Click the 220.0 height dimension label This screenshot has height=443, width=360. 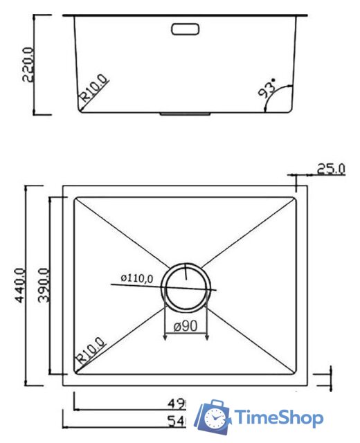[x=28, y=64]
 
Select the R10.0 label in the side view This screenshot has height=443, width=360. [x=94, y=90]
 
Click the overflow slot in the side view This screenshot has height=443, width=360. [x=185, y=30]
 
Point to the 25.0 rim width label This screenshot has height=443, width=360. [x=330, y=169]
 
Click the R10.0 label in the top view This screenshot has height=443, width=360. [x=90, y=351]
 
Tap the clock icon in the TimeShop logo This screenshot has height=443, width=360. [x=216, y=418]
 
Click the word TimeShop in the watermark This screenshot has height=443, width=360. [x=278, y=418]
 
